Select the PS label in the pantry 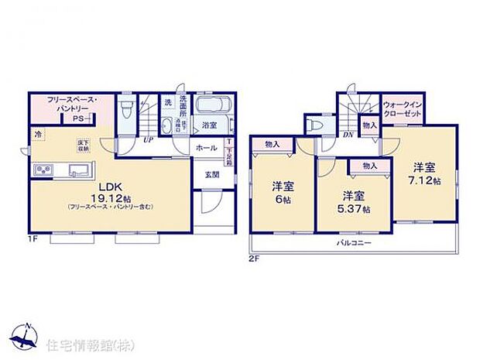(x=79, y=119)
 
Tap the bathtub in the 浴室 (x=211, y=107)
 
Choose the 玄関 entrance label (x=212, y=174)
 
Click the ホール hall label (x=206, y=147)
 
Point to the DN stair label (x=348, y=133)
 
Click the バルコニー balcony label (x=355, y=243)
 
